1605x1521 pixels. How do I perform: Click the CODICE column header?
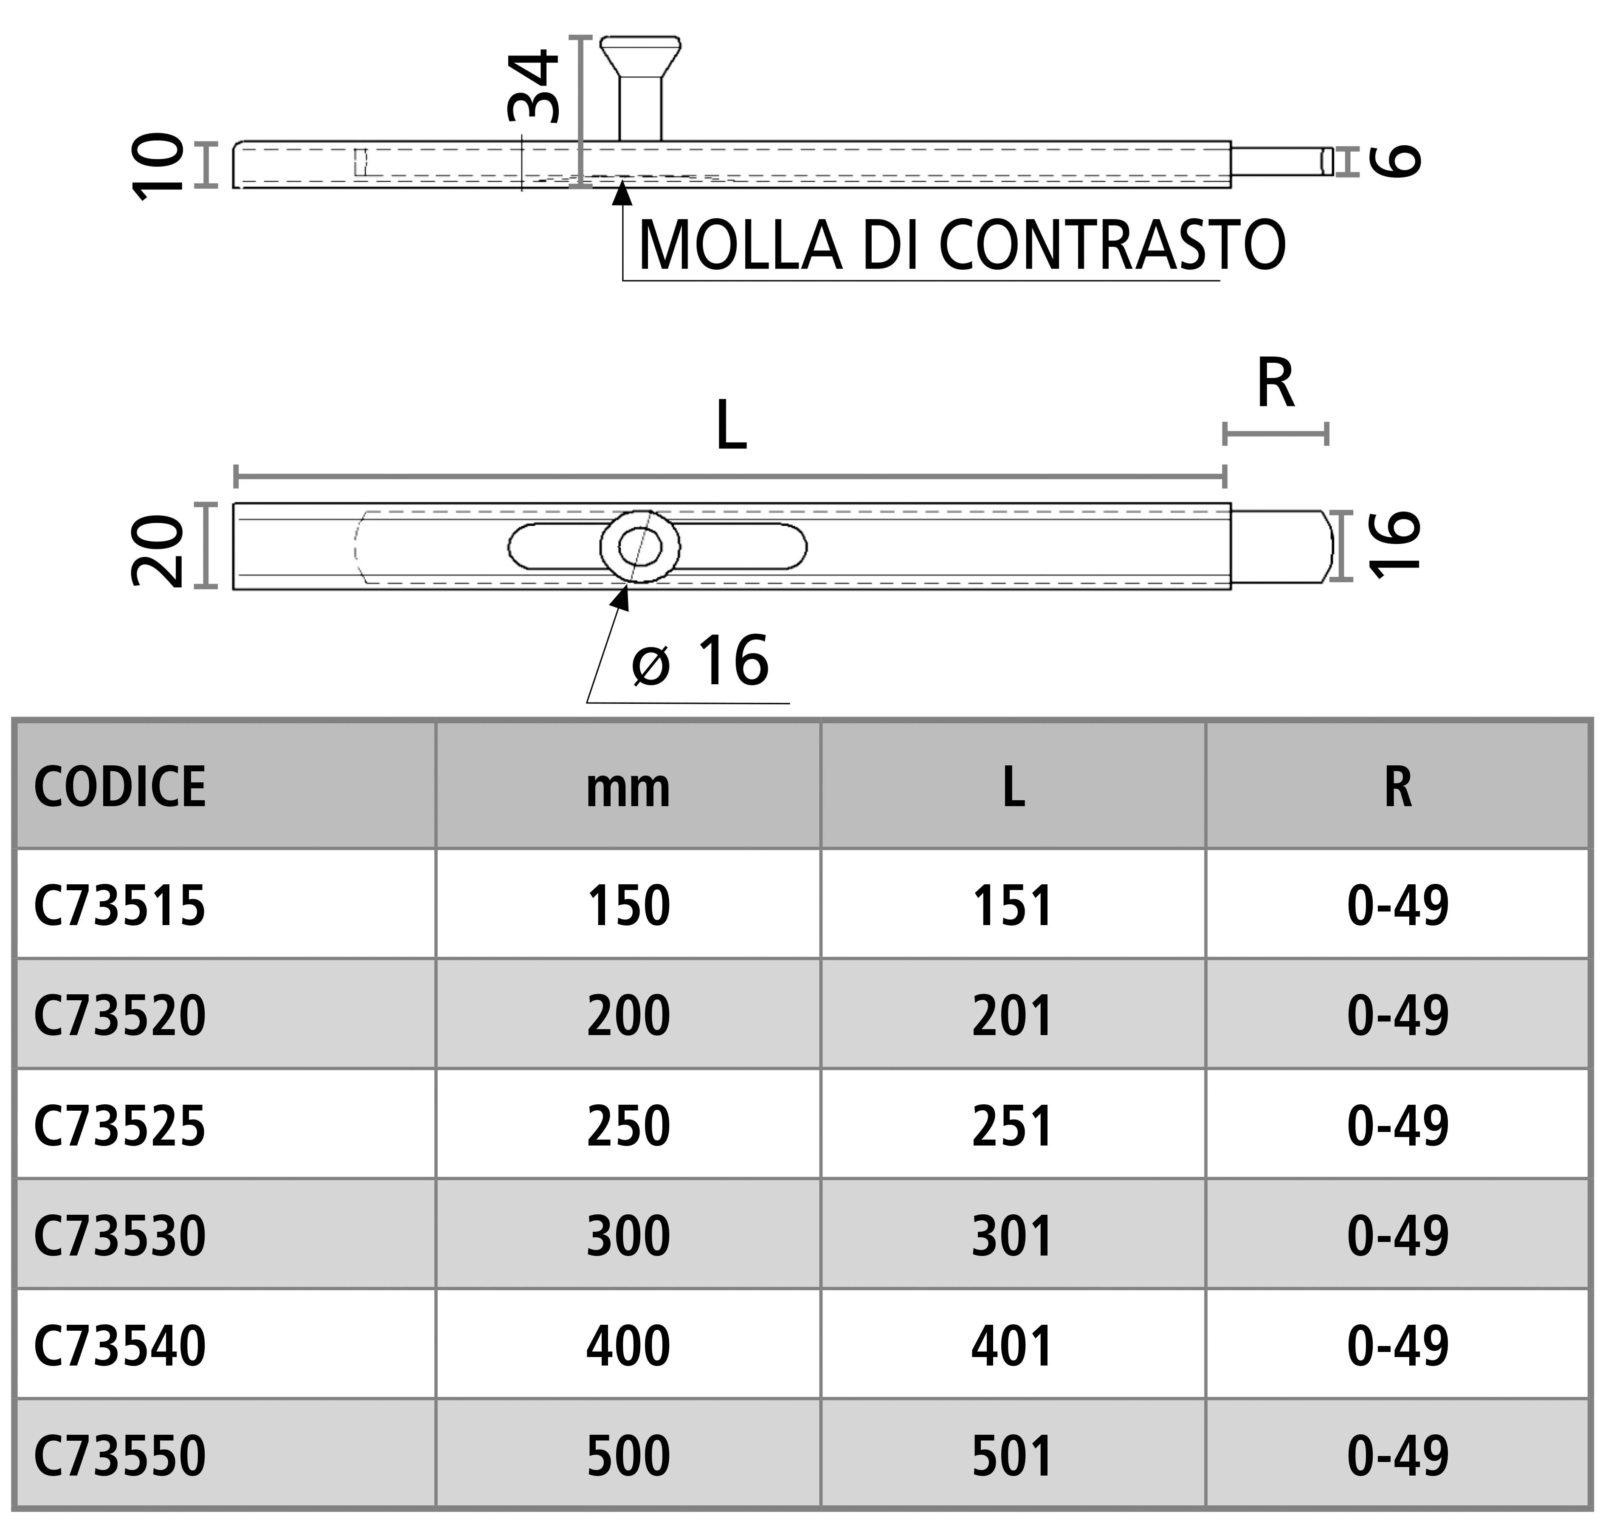coord(120,787)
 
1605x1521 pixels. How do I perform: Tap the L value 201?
coord(1012,1016)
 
